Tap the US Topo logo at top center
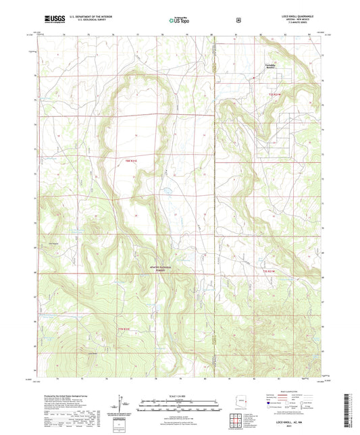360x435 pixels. [179, 20]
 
